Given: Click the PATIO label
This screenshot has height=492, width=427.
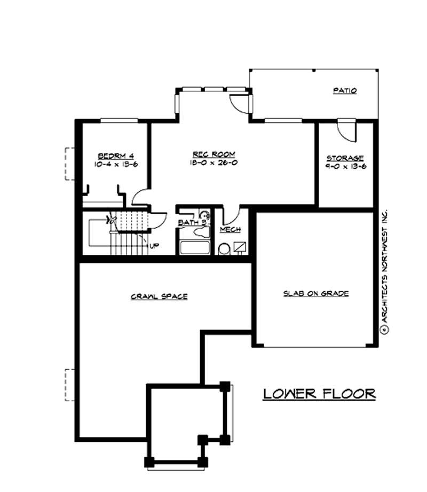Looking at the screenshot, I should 345,91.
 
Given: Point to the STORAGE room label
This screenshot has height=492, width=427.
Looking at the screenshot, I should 345,158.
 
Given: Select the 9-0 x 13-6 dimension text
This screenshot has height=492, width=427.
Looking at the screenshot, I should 345,166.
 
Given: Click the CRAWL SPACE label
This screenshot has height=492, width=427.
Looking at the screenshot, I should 159,296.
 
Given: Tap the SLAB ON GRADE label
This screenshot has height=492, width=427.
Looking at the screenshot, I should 316,293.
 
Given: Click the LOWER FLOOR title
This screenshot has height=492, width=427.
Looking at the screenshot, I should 319,394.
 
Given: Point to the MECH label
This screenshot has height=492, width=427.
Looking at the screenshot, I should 230,229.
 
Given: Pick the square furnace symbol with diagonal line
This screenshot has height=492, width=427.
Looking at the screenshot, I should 240,247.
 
